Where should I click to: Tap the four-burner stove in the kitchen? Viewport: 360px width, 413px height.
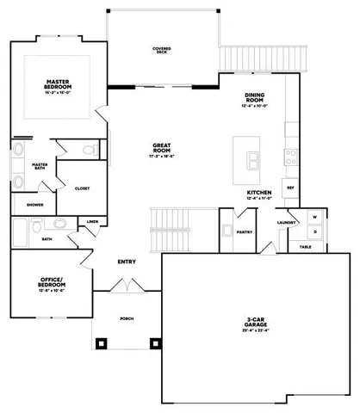click(x=291, y=158)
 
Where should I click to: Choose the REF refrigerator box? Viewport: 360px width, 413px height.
click(x=290, y=187)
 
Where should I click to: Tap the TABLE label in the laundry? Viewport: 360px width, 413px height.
click(x=307, y=246)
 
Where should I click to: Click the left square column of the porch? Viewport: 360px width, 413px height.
click(x=102, y=342)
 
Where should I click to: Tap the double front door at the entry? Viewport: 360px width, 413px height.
click(x=126, y=284)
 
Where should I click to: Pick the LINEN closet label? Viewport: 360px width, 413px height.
click(x=92, y=221)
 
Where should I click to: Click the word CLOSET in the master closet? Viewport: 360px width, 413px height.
click(x=83, y=188)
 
